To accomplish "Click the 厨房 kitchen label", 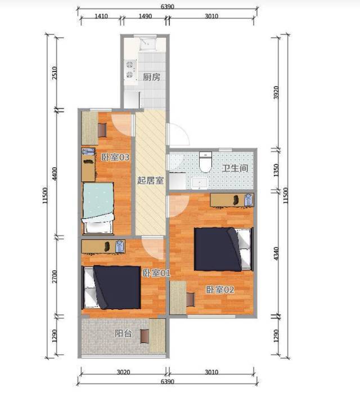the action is (151, 77).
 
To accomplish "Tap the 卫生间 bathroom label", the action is (235, 168).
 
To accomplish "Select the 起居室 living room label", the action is (150, 181).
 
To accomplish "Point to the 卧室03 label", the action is (115, 157).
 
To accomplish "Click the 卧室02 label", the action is (220, 289).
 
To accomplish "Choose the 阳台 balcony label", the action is (123, 333).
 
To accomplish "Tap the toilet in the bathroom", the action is (205, 162).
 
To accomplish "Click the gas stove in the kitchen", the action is (130, 69).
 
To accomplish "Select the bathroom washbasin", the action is (200, 184).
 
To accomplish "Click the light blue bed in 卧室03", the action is (98, 208).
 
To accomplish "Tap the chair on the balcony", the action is (145, 336).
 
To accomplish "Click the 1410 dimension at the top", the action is (101, 16).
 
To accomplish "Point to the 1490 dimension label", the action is (146, 16).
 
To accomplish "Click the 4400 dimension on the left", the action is (54, 173).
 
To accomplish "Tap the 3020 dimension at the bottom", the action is (123, 372).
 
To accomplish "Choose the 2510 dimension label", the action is (54, 73).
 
